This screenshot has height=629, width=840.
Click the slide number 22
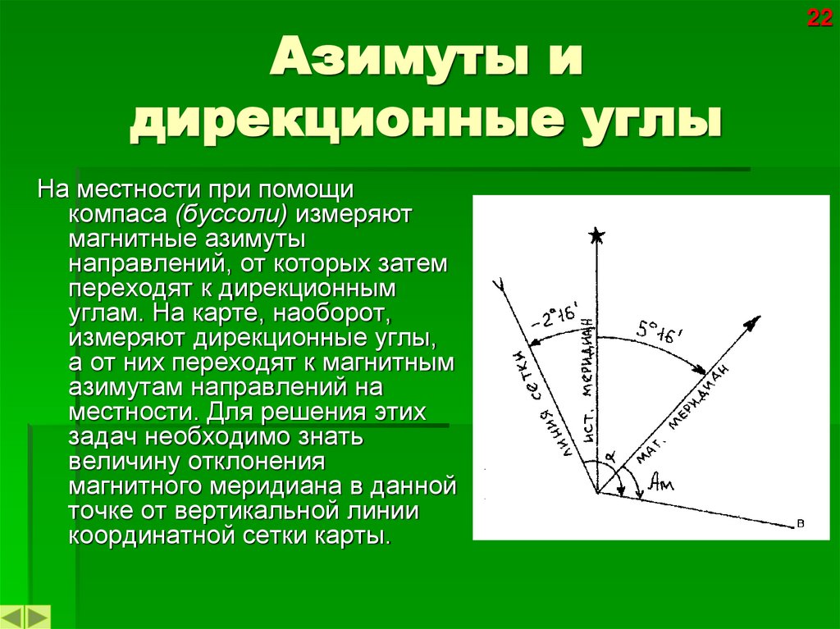[x=819, y=18]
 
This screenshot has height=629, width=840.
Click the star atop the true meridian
[x=596, y=237]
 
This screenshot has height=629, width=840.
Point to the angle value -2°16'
[x=555, y=317]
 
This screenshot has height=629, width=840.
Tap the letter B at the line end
[x=799, y=523]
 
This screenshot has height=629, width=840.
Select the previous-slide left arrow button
[x=14, y=617]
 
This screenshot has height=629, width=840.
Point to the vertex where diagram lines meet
[x=597, y=493]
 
